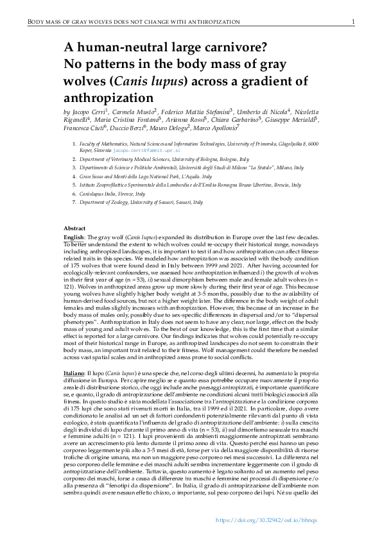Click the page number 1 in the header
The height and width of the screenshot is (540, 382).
pos(353,22)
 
